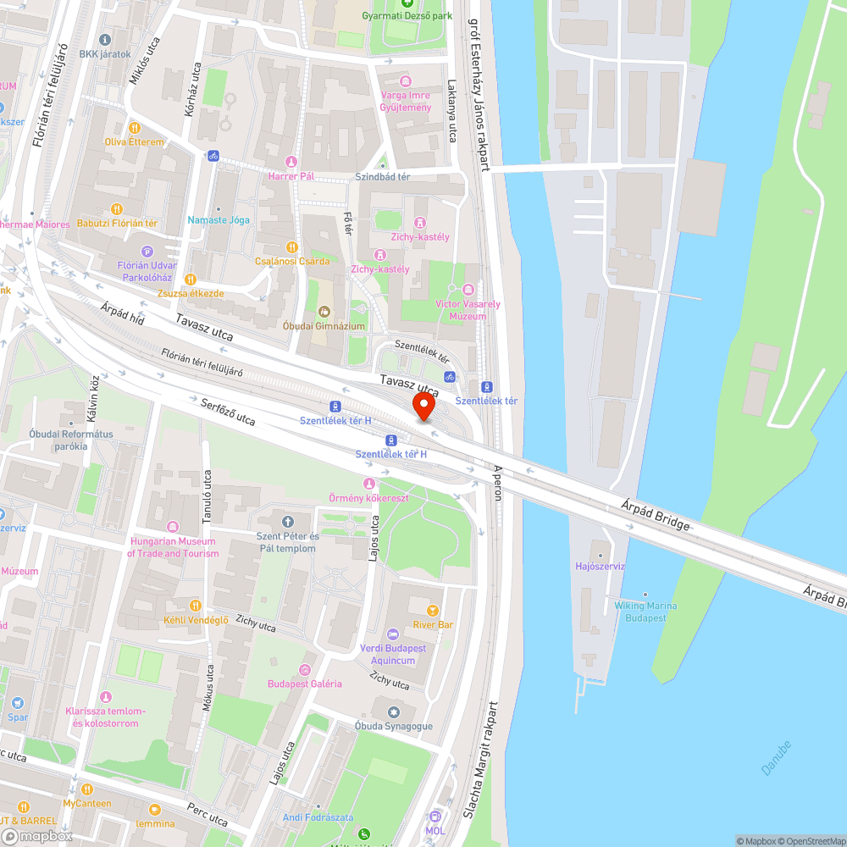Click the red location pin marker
(423, 407)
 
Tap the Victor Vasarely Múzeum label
(468, 310)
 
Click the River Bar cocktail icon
(433, 610)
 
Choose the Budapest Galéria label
(304, 684)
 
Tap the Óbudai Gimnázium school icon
(324, 311)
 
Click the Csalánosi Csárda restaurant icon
(291, 246)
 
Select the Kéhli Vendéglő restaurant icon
(196, 605)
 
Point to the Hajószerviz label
(600, 566)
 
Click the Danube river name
(776, 758)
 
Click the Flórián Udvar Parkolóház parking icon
(148, 251)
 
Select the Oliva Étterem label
(134, 141)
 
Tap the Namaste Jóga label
(219, 219)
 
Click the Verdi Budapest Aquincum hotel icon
(392, 634)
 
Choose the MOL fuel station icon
(435, 817)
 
